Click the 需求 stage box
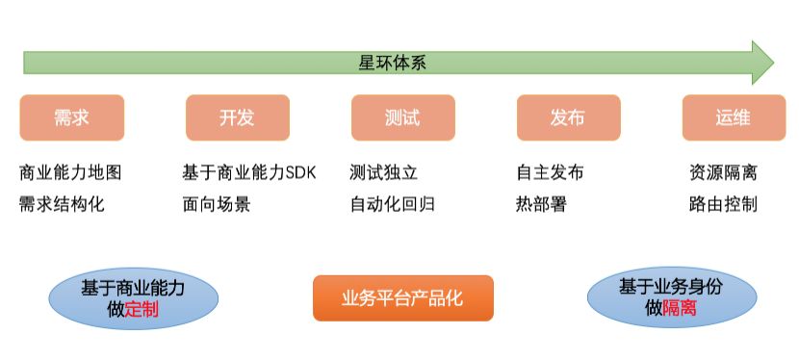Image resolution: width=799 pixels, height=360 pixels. click(x=71, y=117)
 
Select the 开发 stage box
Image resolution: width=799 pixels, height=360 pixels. click(x=237, y=117)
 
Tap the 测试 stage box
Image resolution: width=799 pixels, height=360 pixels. click(x=402, y=117)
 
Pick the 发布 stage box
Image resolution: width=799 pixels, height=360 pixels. click(x=568, y=117)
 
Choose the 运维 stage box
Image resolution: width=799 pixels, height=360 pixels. click(x=733, y=117)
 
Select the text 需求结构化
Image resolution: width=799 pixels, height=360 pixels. click(x=62, y=204)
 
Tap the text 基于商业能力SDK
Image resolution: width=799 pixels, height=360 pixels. click(x=248, y=173)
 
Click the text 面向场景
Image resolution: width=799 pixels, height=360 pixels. click(x=216, y=204)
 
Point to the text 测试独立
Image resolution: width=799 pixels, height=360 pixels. click(x=384, y=173)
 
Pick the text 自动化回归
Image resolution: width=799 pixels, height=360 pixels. click(x=393, y=204)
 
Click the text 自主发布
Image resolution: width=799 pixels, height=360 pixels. click(x=551, y=173)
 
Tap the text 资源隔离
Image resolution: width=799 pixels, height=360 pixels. click(x=723, y=173)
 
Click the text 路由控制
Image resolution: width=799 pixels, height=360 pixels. click(x=723, y=204)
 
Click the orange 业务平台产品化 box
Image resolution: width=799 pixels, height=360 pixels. click(x=402, y=298)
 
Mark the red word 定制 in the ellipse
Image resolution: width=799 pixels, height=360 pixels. click(x=142, y=310)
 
